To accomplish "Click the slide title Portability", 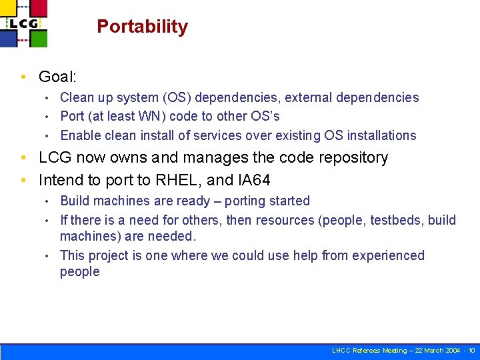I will point(142,27).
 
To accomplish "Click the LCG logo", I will point(24,23).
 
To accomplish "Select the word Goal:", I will point(58,77).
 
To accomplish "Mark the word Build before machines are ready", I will point(75,201).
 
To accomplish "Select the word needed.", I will point(173,236).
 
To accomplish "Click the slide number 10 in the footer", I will point(471,351).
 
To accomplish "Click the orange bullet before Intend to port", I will point(25,180).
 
